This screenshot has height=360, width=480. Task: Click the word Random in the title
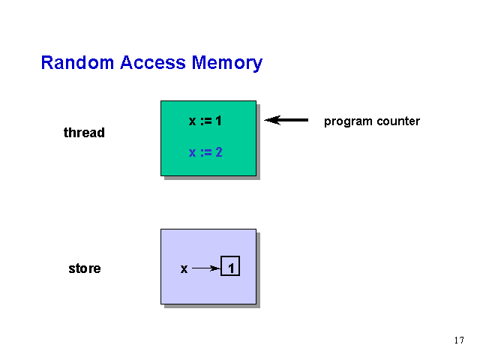77,62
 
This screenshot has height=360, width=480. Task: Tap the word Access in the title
153,62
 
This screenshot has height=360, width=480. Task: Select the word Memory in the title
227,64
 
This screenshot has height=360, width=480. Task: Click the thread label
84,133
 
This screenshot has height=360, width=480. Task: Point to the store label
85,268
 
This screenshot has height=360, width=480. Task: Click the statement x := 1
205,121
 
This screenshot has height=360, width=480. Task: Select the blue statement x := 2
205,152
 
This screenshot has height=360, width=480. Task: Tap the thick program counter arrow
286,120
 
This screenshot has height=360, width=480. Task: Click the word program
348,121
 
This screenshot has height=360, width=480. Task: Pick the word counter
398,121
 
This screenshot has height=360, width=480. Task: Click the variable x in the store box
184,268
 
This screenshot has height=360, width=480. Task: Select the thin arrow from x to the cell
206,268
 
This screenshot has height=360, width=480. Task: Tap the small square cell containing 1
230,265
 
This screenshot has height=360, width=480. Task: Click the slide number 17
459,340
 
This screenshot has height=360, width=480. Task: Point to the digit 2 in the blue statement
218,152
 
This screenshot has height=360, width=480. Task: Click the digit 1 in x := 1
218,121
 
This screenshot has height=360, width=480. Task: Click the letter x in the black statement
192,121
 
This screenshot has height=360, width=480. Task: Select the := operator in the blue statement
206,152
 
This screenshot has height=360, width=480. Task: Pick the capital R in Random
46,62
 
